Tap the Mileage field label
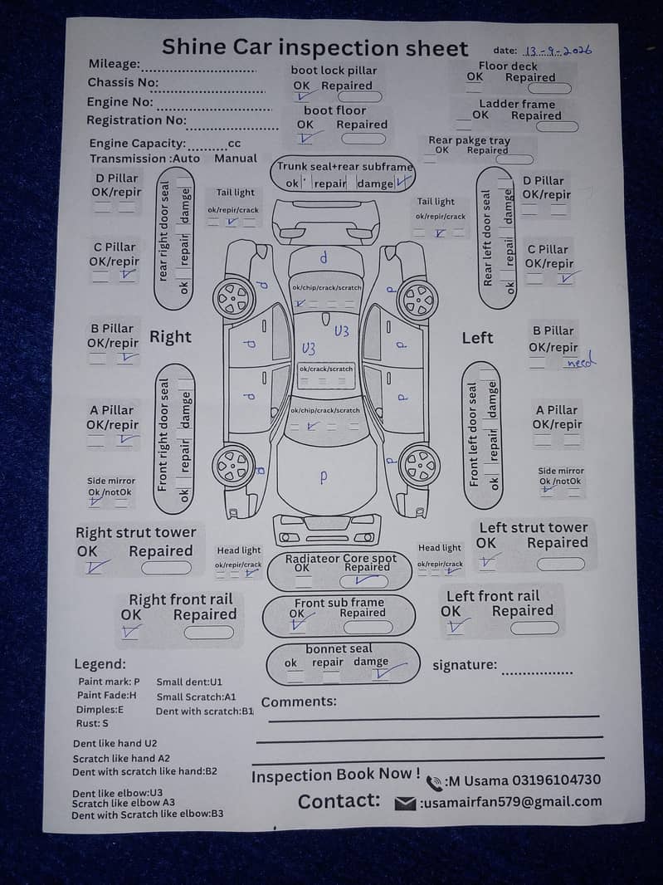pos(115,65)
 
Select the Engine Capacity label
pos(138,144)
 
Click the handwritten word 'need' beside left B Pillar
pos(581,363)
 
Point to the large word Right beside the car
pos(170,337)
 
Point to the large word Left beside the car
pos(477,338)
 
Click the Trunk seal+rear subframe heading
pos(344,166)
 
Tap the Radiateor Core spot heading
pos(341,559)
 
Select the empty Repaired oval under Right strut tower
pos(166,568)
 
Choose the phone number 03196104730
pos(552,780)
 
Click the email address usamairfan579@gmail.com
pos(510,802)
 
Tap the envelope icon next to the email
pos(405,803)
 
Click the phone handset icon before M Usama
pos(434,782)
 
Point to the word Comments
pos(299,702)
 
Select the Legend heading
pos(100,664)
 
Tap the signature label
pos(465,665)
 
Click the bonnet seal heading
pos(339,648)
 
